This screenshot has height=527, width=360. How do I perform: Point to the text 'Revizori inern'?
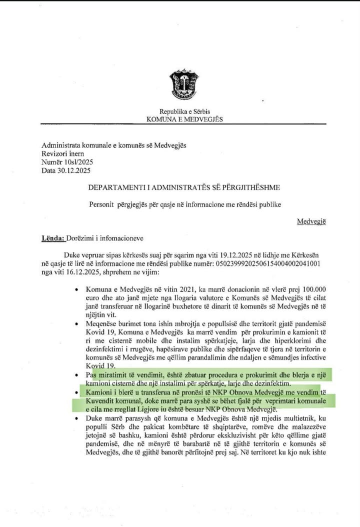coord(63,153)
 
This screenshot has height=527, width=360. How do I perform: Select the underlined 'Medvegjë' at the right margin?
coord(311,221)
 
